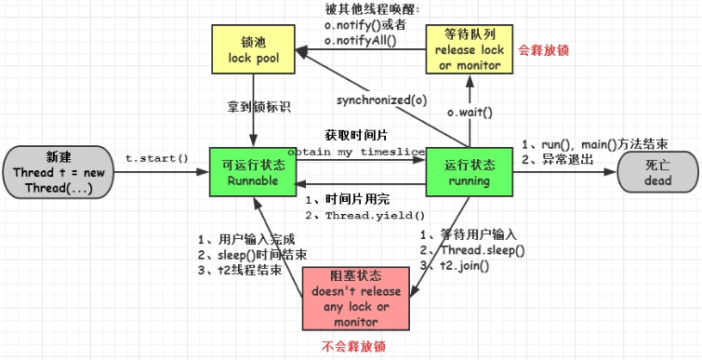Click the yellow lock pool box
[x=253, y=50]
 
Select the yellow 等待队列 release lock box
[x=470, y=48]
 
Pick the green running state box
[x=470, y=169]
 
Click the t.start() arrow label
[x=157, y=158]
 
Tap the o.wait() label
[x=470, y=113]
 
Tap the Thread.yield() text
[x=369, y=215]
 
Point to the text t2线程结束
[x=245, y=270]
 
